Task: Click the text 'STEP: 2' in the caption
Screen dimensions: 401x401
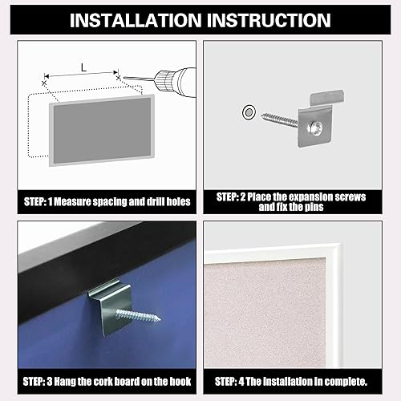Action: pyautogui.click(x=236, y=196)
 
